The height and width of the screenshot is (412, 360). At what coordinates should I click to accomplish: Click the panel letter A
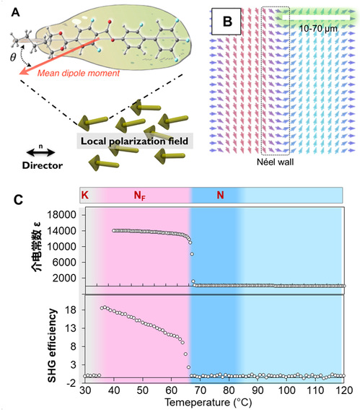15,12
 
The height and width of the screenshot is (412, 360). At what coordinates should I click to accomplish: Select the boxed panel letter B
227,21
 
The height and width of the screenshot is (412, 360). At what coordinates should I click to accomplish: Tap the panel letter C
18,200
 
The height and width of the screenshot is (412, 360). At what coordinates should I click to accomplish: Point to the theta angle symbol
13,57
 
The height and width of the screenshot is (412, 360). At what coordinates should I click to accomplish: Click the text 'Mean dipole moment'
79,73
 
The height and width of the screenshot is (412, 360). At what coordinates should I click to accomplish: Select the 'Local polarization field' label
134,141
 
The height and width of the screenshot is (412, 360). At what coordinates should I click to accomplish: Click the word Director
43,165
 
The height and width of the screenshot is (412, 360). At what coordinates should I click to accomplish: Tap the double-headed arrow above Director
40,152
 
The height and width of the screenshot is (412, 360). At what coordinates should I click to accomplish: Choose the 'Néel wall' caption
275,162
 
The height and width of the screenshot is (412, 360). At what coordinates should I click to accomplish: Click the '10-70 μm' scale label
318,28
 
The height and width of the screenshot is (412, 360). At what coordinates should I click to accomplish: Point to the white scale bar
316,17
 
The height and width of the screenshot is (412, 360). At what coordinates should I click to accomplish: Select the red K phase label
84,196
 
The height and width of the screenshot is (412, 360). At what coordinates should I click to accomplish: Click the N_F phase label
139,196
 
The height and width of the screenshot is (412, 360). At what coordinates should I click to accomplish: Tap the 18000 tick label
61,215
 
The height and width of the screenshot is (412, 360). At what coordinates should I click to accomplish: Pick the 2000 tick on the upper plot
64,278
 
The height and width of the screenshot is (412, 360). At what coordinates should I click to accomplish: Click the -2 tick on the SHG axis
71,383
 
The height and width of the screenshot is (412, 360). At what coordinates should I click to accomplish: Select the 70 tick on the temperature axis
200,390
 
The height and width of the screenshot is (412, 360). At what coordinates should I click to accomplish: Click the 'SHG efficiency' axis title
52,346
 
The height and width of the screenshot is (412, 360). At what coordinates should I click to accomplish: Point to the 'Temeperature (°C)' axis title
208,403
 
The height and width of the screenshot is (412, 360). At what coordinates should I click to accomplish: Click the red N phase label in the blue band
220,196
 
